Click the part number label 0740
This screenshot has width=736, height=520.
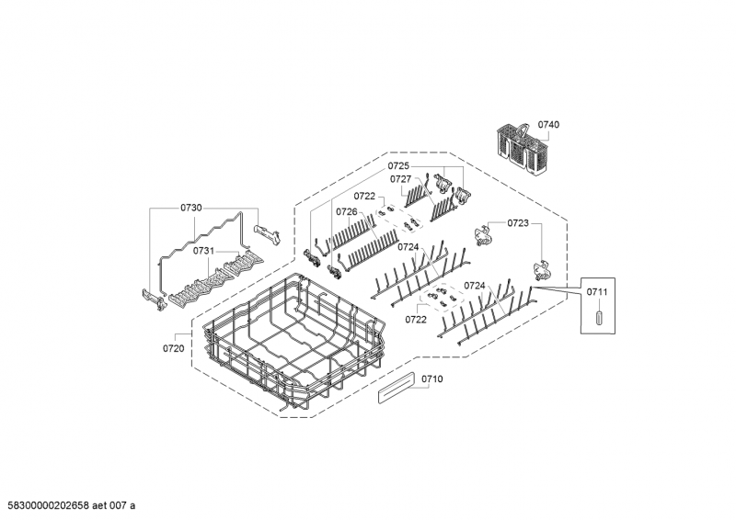pyautogui.click(x=548, y=124)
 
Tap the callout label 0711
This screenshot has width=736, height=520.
pyautogui.click(x=597, y=292)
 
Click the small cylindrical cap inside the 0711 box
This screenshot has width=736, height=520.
pyautogui.click(x=599, y=317)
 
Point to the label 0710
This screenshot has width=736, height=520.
pyautogui.click(x=431, y=379)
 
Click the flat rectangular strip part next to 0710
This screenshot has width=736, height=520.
pyautogui.click(x=397, y=388)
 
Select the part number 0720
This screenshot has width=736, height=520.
pyautogui.click(x=174, y=348)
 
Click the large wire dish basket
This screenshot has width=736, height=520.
pyautogui.click(x=294, y=345)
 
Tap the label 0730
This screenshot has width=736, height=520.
pyautogui.click(x=191, y=208)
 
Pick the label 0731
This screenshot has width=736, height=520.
pyautogui.click(x=203, y=251)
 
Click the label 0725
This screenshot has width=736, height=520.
pyautogui.click(x=398, y=166)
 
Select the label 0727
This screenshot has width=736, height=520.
pyautogui.click(x=400, y=179)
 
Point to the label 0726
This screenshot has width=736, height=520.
pyautogui.click(x=347, y=212)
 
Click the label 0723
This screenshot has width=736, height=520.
pyautogui.click(x=518, y=223)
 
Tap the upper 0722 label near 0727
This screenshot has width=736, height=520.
pyautogui.click(x=364, y=196)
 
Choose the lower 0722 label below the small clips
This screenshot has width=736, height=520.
pyautogui.click(x=416, y=320)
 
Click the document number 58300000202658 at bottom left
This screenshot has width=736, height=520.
pyautogui.click(x=49, y=505)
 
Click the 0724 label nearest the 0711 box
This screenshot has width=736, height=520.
pyautogui.click(x=475, y=286)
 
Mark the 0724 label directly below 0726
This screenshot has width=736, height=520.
pyautogui.click(x=408, y=247)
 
